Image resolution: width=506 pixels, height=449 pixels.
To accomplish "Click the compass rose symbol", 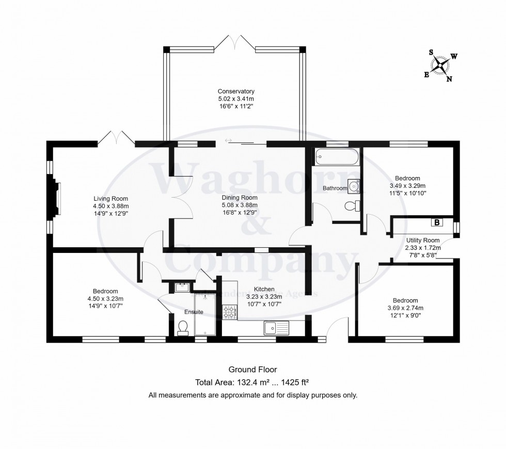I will pyautogui.click(x=440, y=66).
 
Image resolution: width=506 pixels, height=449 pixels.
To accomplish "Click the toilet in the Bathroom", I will pyautogui.click(x=352, y=206).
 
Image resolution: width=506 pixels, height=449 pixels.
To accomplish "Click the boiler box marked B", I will pyautogui.click(x=437, y=223).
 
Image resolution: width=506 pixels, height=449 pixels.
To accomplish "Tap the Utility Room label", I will pyautogui.click(x=422, y=240).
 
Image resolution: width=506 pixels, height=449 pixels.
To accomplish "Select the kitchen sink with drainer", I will pyautogui.click(x=277, y=327).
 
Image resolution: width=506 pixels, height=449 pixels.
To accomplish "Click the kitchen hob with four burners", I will pyautogui.click(x=229, y=311).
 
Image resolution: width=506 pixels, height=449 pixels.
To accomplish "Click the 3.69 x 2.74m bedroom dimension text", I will pyautogui.click(x=405, y=308).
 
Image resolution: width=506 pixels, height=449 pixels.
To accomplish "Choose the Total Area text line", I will pyautogui.click(x=252, y=382).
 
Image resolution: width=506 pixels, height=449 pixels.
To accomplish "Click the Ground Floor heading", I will pyautogui.click(x=252, y=370).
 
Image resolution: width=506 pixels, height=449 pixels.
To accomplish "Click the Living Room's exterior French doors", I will pyautogui.click(x=117, y=137).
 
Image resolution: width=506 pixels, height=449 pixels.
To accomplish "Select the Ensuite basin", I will pyautogui.click(x=183, y=287).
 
